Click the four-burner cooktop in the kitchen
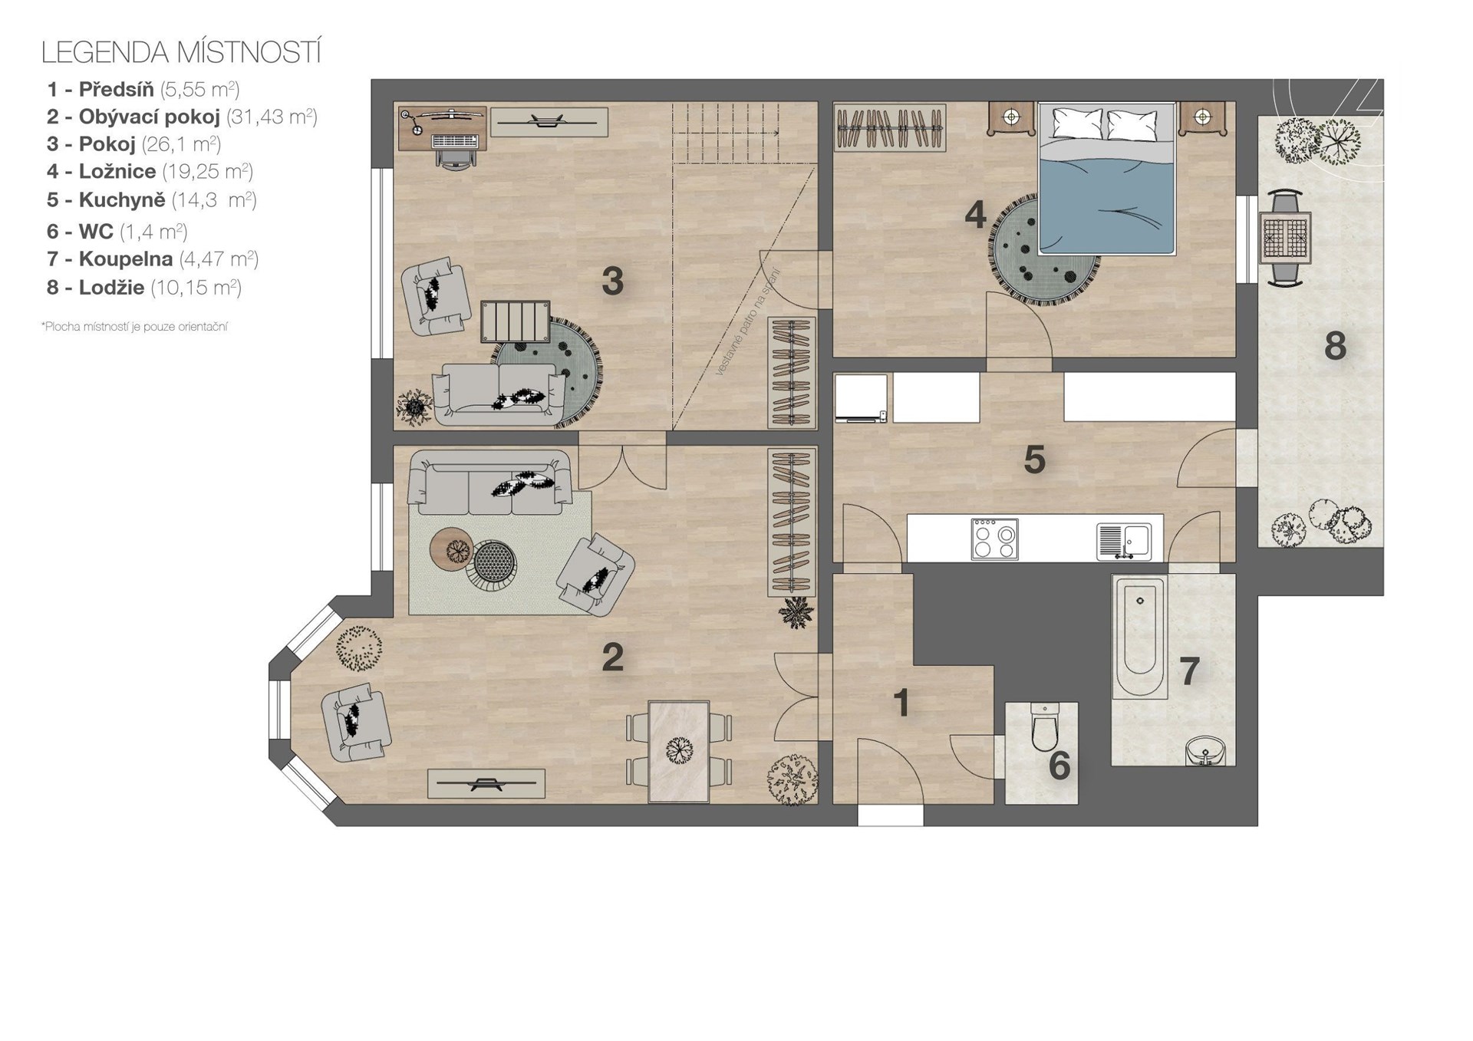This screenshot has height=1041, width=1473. click(994, 539)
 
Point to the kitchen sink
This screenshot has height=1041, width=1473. click(1124, 540)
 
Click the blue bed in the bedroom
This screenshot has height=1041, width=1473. click(1106, 179)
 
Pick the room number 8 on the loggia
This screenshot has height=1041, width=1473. click(1335, 346)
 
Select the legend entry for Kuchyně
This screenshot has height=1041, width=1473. click(151, 200)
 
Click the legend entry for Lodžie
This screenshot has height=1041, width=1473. click(143, 288)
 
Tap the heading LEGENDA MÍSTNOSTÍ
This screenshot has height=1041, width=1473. click(181, 52)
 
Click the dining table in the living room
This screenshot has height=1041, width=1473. click(678, 751)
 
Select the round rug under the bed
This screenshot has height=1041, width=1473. click(1044, 251)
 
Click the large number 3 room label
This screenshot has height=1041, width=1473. click(612, 281)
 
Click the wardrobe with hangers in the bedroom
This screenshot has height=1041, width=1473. click(889, 127)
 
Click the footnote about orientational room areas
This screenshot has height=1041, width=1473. click(134, 327)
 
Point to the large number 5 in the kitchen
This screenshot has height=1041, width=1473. click(1034, 460)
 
